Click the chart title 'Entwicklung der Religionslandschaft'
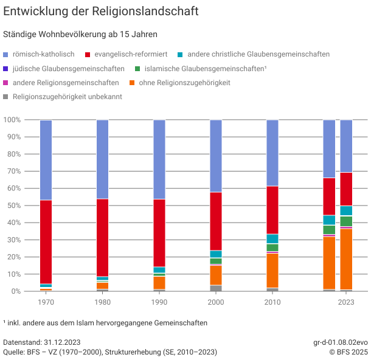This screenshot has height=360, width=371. (x=101, y=12)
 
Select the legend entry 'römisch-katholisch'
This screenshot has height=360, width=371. (x=43, y=54)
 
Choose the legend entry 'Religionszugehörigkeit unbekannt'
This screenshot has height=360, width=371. (x=67, y=97)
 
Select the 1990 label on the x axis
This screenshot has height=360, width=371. (x=159, y=302)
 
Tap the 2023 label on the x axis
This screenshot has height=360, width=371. (x=346, y=302)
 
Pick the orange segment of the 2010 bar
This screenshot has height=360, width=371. (x=272, y=271)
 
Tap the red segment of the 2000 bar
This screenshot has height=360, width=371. (x=216, y=221)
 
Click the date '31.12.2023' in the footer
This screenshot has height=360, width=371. (x=60, y=342)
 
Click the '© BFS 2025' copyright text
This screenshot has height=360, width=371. (x=348, y=352)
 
